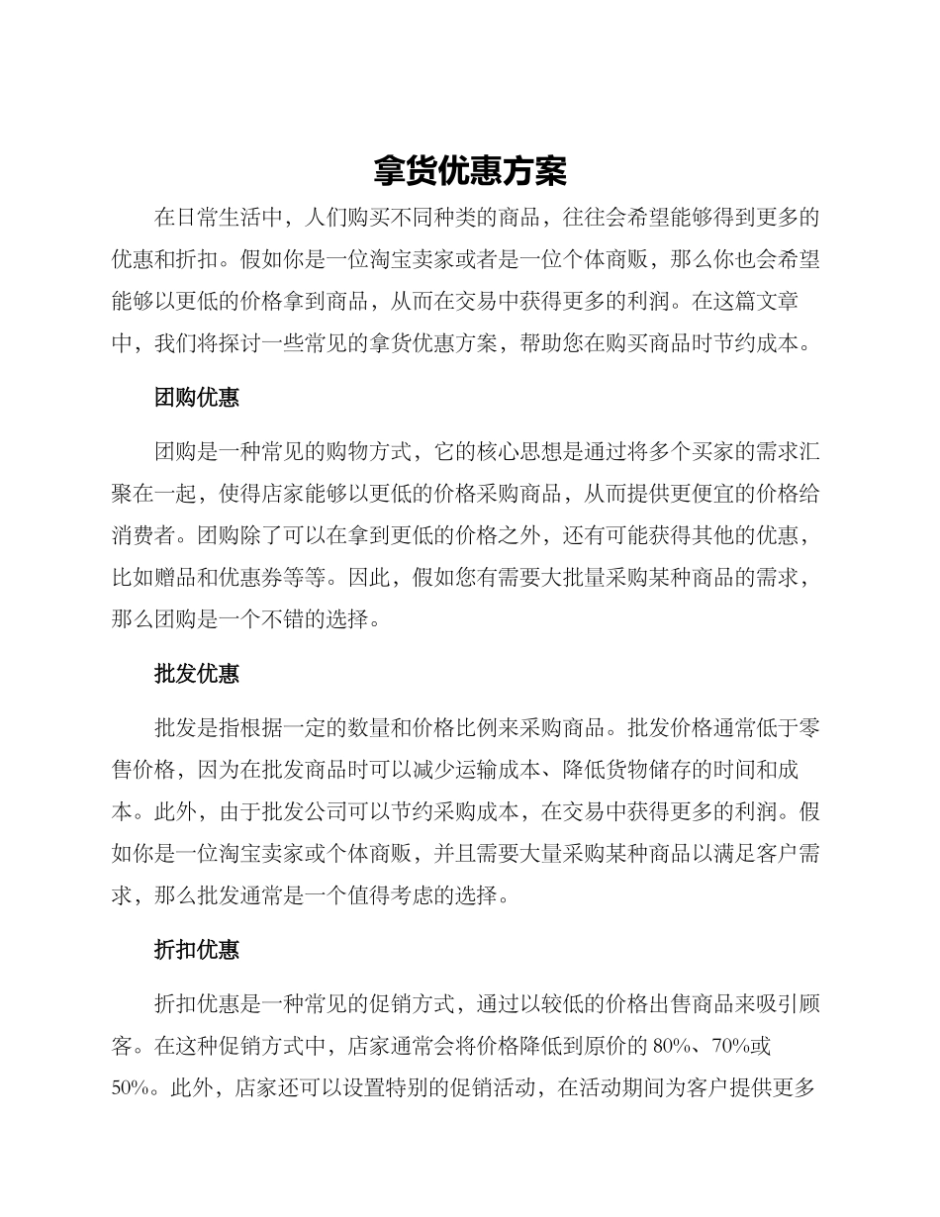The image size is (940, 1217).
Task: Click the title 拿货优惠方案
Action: tap(470, 170)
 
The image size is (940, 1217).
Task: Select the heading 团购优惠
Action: tap(197, 399)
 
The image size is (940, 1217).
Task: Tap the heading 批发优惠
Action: tap(197, 675)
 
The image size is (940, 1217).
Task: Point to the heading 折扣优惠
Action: tap(197, 951)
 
